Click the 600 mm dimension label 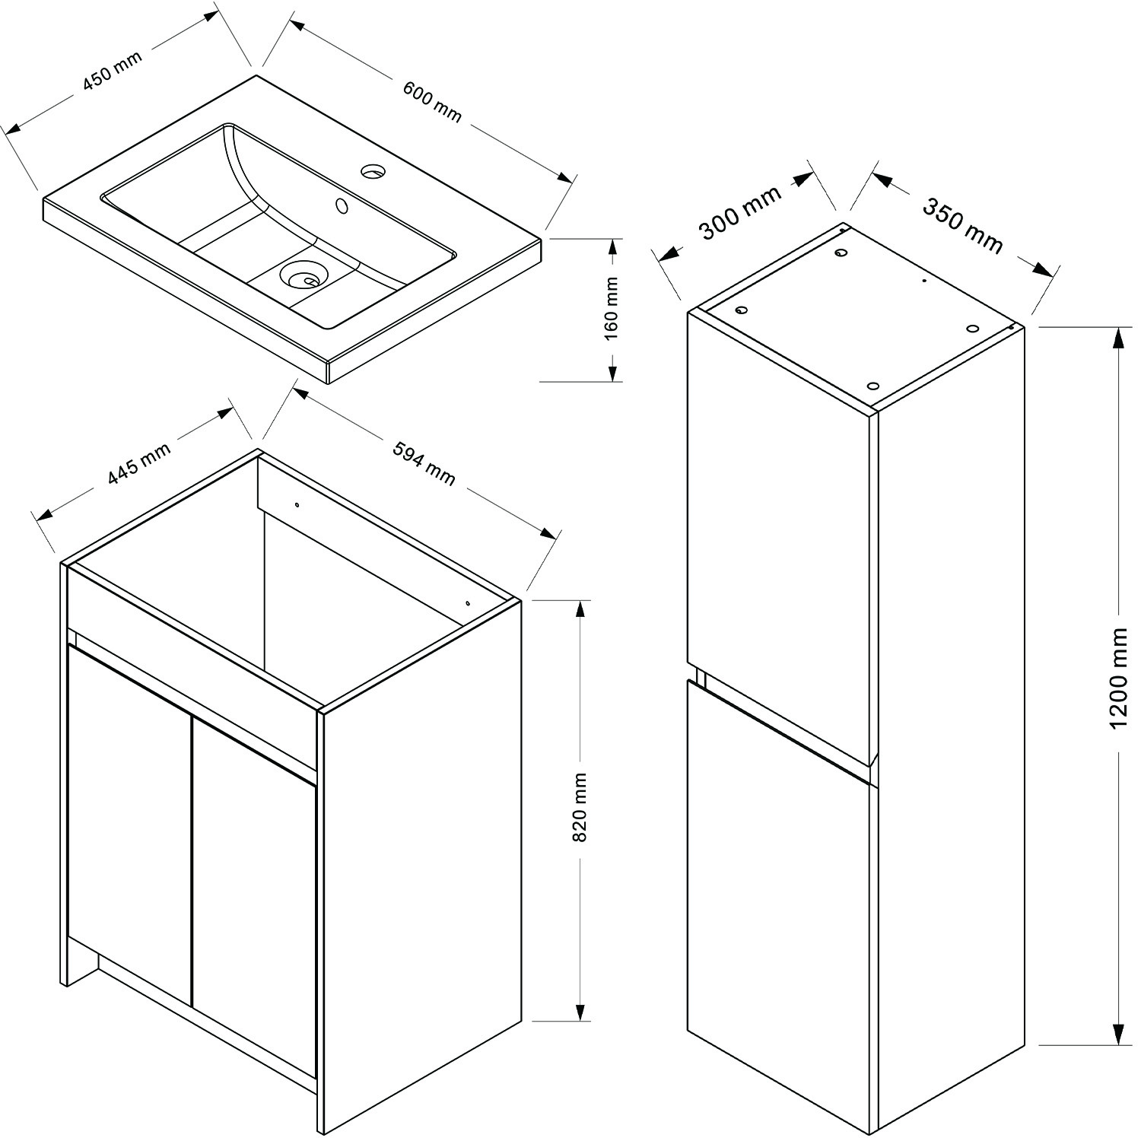coord(431,102)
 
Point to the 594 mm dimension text coord(424,463)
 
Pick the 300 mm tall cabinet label coord(739,212)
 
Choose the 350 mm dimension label coord(962,224)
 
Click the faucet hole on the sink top coord(373,171)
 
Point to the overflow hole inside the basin coord(342,205)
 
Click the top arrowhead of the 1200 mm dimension coord(1118,337)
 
